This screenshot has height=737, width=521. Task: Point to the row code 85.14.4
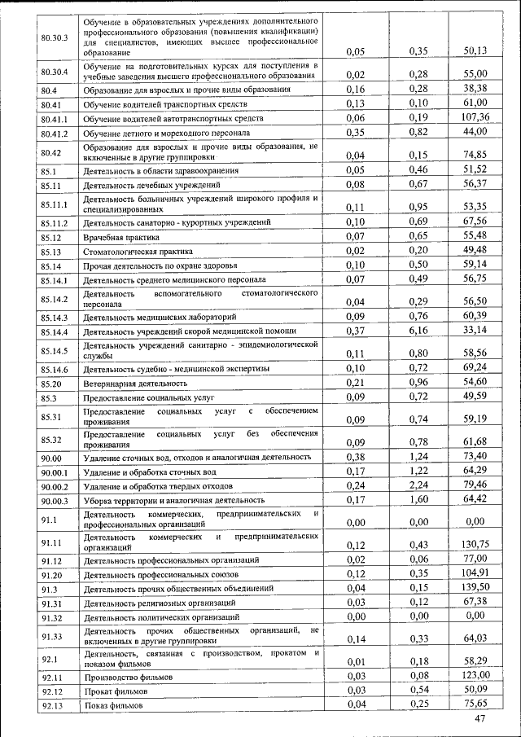[x=55, y=332]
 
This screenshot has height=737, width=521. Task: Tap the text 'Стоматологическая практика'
[x=138, y=252]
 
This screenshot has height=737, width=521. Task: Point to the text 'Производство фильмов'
[x=129, y=677]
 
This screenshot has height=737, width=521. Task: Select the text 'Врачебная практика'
[x=122, y=238]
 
